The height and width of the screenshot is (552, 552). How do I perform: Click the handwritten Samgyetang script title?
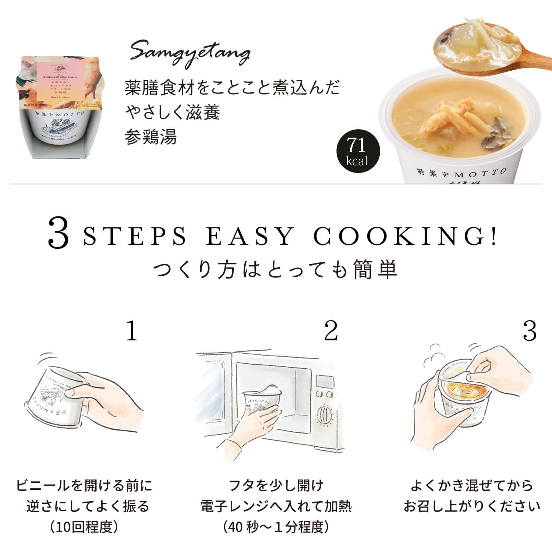tap(190, 53)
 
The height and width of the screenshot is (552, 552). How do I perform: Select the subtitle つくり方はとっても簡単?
tap(275, 269)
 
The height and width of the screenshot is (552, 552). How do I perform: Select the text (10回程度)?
tap(84, 527)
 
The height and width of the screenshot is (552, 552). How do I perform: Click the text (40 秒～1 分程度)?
tap(276, 527)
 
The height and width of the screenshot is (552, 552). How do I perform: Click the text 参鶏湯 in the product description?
tap(151, 137)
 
